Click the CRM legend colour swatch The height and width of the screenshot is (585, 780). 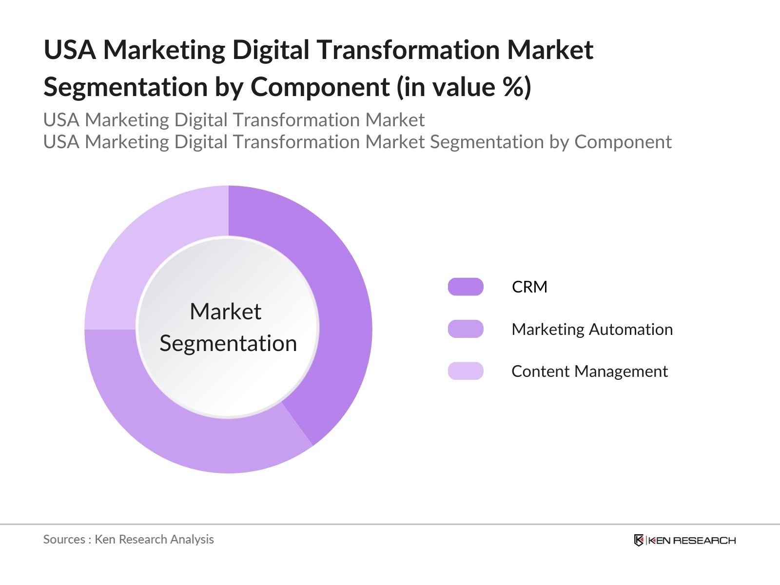[x=466, y=287]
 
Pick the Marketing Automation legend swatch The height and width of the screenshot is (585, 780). [x=466, y=329]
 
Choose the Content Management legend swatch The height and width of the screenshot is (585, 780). [x=466, y=371]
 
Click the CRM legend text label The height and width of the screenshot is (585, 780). [x=529, y=287]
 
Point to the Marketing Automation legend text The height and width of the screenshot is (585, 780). [x=592, y=330]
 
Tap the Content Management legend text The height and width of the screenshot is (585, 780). [x=589, y=371]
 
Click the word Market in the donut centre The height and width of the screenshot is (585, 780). [x=225, y=312]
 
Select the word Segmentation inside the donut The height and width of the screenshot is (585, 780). [x=228, y=343]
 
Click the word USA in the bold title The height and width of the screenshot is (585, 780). [x=70, y=50]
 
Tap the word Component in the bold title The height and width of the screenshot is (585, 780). [x=320, y=87]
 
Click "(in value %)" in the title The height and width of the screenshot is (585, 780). [x=464, y=87]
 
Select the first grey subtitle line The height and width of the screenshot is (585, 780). [x=234, y=120]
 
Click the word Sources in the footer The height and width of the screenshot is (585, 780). [x=64, y=539]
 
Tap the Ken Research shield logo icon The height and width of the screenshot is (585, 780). [x=639, y=540]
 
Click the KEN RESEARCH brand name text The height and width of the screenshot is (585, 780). [x=692, y=540]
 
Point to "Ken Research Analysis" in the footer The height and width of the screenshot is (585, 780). [x=154, y=539]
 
